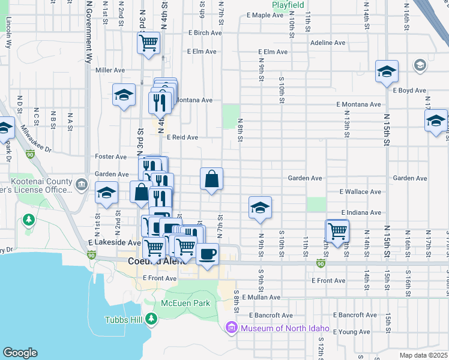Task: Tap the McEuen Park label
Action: click(x=185, y=303)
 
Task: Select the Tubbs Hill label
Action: click(x=123, y=320)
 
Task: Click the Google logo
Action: click(x=20, y=353)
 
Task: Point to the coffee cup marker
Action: click(x=208, y=254)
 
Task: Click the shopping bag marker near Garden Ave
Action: click(x=211, y=179)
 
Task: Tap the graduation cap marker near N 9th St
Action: click(x=260, y=208)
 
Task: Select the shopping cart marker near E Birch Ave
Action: click(x=148, y=43)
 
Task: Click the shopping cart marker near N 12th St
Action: click(x=338, y=230)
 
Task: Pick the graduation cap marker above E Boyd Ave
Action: click(x=387, y=72)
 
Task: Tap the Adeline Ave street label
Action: click(x=328, y=43)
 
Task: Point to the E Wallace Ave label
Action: click(x=360, y=192)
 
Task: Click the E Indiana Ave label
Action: click(x=361, y=213)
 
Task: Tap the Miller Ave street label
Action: click(x=110, y=70)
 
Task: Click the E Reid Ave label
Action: click(x=182, y=137)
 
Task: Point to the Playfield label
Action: click(x=288, y=5)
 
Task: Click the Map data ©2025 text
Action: click(x=423, y=355)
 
